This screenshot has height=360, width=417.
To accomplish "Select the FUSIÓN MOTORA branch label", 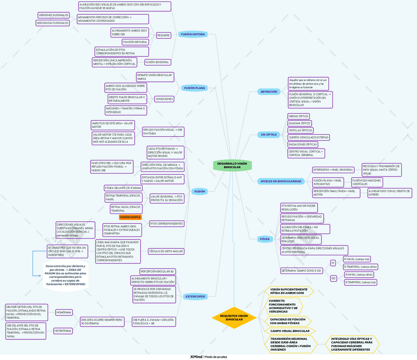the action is coord(193,34).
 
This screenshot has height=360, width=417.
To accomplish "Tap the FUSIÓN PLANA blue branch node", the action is coord(194,88).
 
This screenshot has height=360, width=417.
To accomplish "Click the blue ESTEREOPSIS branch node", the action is coord(195,297).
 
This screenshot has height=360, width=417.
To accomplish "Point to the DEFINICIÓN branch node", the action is coord(268,91).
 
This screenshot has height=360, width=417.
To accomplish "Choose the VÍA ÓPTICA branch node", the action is coord(268,134).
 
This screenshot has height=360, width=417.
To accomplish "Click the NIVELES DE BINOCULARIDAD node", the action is coord(280,181).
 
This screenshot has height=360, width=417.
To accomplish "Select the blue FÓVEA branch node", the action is coord(265,239).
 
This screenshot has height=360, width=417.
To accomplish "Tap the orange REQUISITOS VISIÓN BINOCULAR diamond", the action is coord(234,318).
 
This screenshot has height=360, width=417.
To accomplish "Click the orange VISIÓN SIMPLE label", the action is coord(130,217).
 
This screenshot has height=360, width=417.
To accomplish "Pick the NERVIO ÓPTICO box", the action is coord(298,116).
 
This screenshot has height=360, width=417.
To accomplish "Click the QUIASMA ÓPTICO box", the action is coord(300,123).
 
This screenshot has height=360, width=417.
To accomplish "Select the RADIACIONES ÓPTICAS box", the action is coord(303,145).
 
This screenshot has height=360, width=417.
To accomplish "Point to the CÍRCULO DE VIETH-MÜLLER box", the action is coord(166,251).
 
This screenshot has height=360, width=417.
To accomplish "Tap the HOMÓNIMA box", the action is coord(63,312).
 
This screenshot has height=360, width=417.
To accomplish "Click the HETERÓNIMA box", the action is coord(64,331).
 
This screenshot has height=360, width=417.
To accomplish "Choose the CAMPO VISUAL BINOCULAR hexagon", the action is coord(290,331).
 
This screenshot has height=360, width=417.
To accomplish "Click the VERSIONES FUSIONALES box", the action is coord(53,15).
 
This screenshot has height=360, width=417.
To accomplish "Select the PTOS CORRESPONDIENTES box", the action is coord(166,224).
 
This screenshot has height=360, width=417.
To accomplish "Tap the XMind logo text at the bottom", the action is coord(196,356).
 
